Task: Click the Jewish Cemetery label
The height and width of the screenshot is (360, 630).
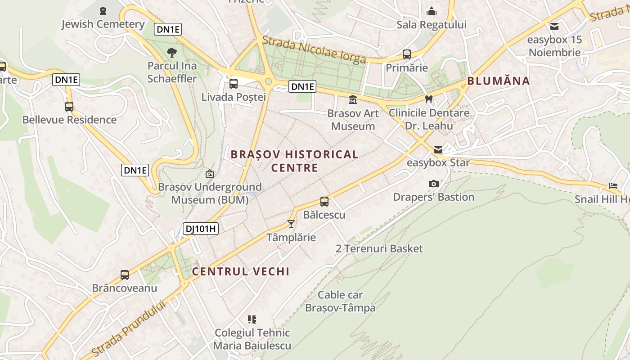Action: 103,24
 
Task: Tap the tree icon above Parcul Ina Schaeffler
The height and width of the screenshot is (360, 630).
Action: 171,53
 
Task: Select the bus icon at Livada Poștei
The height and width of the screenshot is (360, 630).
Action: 234,83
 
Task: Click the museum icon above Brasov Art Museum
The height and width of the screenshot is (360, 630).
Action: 353,99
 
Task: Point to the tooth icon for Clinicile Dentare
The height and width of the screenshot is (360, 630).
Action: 429,99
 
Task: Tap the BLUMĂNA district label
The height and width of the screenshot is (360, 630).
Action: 498,81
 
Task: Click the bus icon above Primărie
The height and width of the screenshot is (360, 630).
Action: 407,54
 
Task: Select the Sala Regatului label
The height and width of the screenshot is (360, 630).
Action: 431,25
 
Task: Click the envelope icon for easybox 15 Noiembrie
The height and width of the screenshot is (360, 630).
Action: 554,26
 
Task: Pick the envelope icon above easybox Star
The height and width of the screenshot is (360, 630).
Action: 438,150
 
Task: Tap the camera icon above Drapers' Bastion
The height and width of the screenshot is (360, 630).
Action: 434,184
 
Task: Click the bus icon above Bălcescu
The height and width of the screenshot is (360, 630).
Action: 324,201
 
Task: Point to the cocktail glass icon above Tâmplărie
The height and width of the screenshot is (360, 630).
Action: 291,224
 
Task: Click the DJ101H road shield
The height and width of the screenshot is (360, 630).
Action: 201,229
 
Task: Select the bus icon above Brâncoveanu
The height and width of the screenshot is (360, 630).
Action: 125,274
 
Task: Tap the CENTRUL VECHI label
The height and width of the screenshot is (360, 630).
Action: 241,271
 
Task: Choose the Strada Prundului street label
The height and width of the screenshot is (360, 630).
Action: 129,328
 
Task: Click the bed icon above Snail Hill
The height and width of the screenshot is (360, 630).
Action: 613,185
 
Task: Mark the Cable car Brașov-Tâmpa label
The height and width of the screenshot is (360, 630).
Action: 340,301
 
